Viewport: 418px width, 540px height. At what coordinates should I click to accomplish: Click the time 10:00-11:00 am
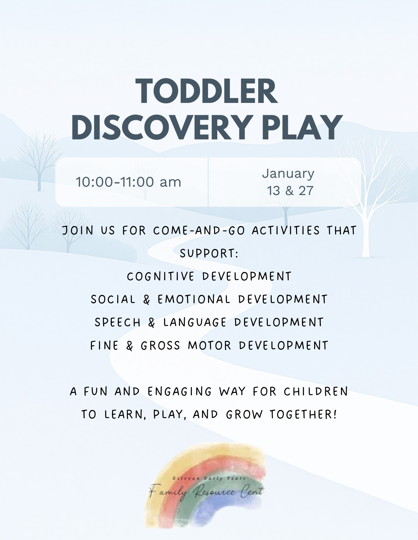point(128,182)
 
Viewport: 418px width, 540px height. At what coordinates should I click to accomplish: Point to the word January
point(288,174)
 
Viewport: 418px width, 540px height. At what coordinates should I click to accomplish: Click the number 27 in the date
point(306,191)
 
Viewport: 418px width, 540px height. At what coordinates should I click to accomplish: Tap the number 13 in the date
point(274,191)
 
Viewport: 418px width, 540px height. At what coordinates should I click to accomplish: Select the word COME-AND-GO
point(199,230)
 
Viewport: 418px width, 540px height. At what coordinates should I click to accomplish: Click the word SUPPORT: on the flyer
point(209,253)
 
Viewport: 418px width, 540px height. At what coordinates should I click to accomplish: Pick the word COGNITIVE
point(160,276)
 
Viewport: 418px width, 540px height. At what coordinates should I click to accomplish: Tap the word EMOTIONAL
point(194,299)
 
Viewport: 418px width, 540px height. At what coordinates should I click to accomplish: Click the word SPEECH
point(117,322)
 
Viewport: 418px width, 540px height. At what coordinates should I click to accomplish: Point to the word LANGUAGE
point(195,322)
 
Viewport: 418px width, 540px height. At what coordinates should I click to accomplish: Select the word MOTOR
point(210,346)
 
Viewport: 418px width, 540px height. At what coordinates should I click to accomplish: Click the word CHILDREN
point(316,391)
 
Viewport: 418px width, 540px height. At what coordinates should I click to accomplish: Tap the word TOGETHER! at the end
point(303,414)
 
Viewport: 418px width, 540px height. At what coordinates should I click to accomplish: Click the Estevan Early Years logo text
point(209,478)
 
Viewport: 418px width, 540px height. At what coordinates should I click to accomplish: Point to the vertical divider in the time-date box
point(208,182)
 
